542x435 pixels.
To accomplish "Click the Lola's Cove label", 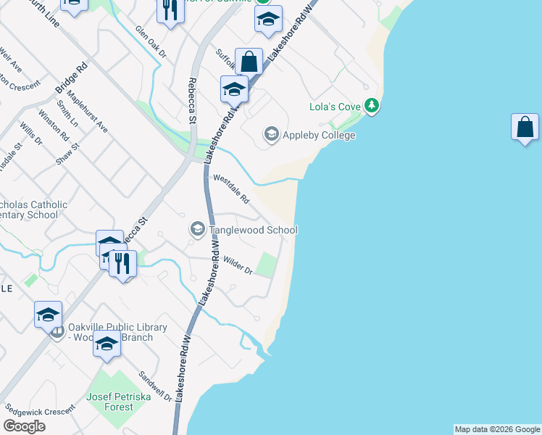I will click(x=335, y=107).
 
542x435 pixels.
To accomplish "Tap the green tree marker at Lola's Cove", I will click(x=372, y=107).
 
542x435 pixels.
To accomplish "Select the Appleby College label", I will click(x=319, y=135).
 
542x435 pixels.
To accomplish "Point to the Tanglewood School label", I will click(x=253, y=230).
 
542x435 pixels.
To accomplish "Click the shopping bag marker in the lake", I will click(x=525, y=128).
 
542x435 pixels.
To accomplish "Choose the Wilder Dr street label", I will click(x=238, y=266).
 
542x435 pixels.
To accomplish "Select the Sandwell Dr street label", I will click(x=156, y=386).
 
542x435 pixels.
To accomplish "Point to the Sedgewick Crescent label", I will click(x=39, y=410).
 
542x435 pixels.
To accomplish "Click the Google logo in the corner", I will click(x=25, y=426).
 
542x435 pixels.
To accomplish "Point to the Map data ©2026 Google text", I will click(x=496, y=429).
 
